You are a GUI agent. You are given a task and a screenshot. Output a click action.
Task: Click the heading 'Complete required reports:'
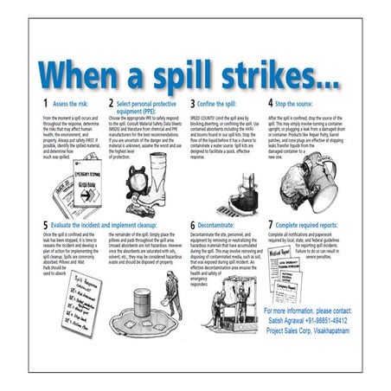316,224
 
